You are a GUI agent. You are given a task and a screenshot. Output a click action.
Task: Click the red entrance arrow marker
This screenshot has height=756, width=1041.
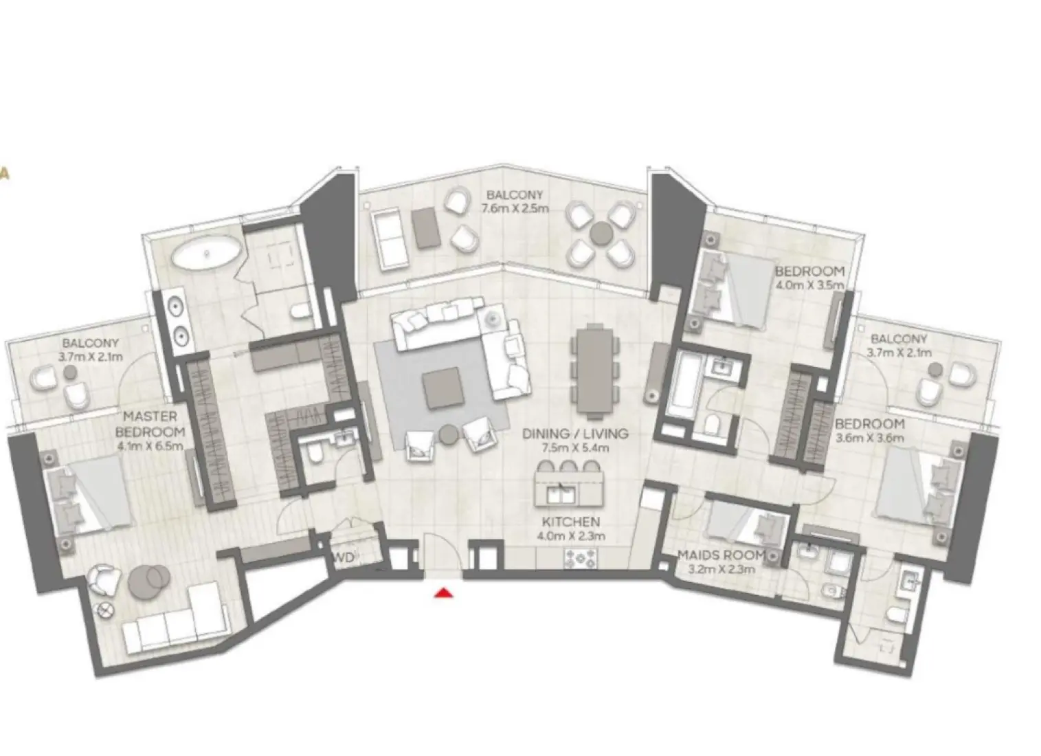pyautogui.click(x=445, y=592)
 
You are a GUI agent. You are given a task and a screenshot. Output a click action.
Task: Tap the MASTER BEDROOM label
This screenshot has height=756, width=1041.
pyautogui.click(x=150, y=424)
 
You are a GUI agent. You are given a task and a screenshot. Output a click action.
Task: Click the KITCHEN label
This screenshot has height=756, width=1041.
pyautogui.click(x=570, y=522)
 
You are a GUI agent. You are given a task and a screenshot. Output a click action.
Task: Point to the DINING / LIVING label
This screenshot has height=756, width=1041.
pyautogui.click(x=574, y=434)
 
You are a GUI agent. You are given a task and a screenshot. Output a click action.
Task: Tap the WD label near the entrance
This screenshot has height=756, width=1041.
pyautogui.click(x=344, y=557)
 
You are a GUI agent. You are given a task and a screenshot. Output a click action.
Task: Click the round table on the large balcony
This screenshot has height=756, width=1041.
pyautogui.click(x=601, y=232)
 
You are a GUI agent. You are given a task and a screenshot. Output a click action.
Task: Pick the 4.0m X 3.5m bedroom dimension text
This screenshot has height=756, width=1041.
pyautogui.click(x=809, y=285)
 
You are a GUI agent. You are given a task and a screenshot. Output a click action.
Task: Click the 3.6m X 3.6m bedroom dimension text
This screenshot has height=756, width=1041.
pyautogui.click(x=869, y=438)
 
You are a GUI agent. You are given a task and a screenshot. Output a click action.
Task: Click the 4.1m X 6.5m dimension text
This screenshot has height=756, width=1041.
pyautogui.click(x=150, y=446)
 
